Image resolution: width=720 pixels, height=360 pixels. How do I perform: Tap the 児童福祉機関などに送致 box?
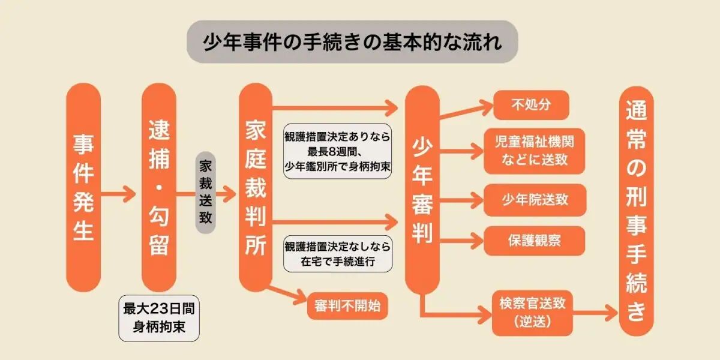pyautogui.click(x=533, y=151)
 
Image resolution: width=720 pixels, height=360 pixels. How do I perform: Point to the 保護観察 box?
pyautogui.click(x=534, y=241)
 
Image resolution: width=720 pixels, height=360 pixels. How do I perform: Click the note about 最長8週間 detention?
pyautogui.click(x=338, y=151)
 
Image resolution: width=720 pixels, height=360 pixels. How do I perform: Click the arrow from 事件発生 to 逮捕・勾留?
pyautogui.click(x=120, y=194)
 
